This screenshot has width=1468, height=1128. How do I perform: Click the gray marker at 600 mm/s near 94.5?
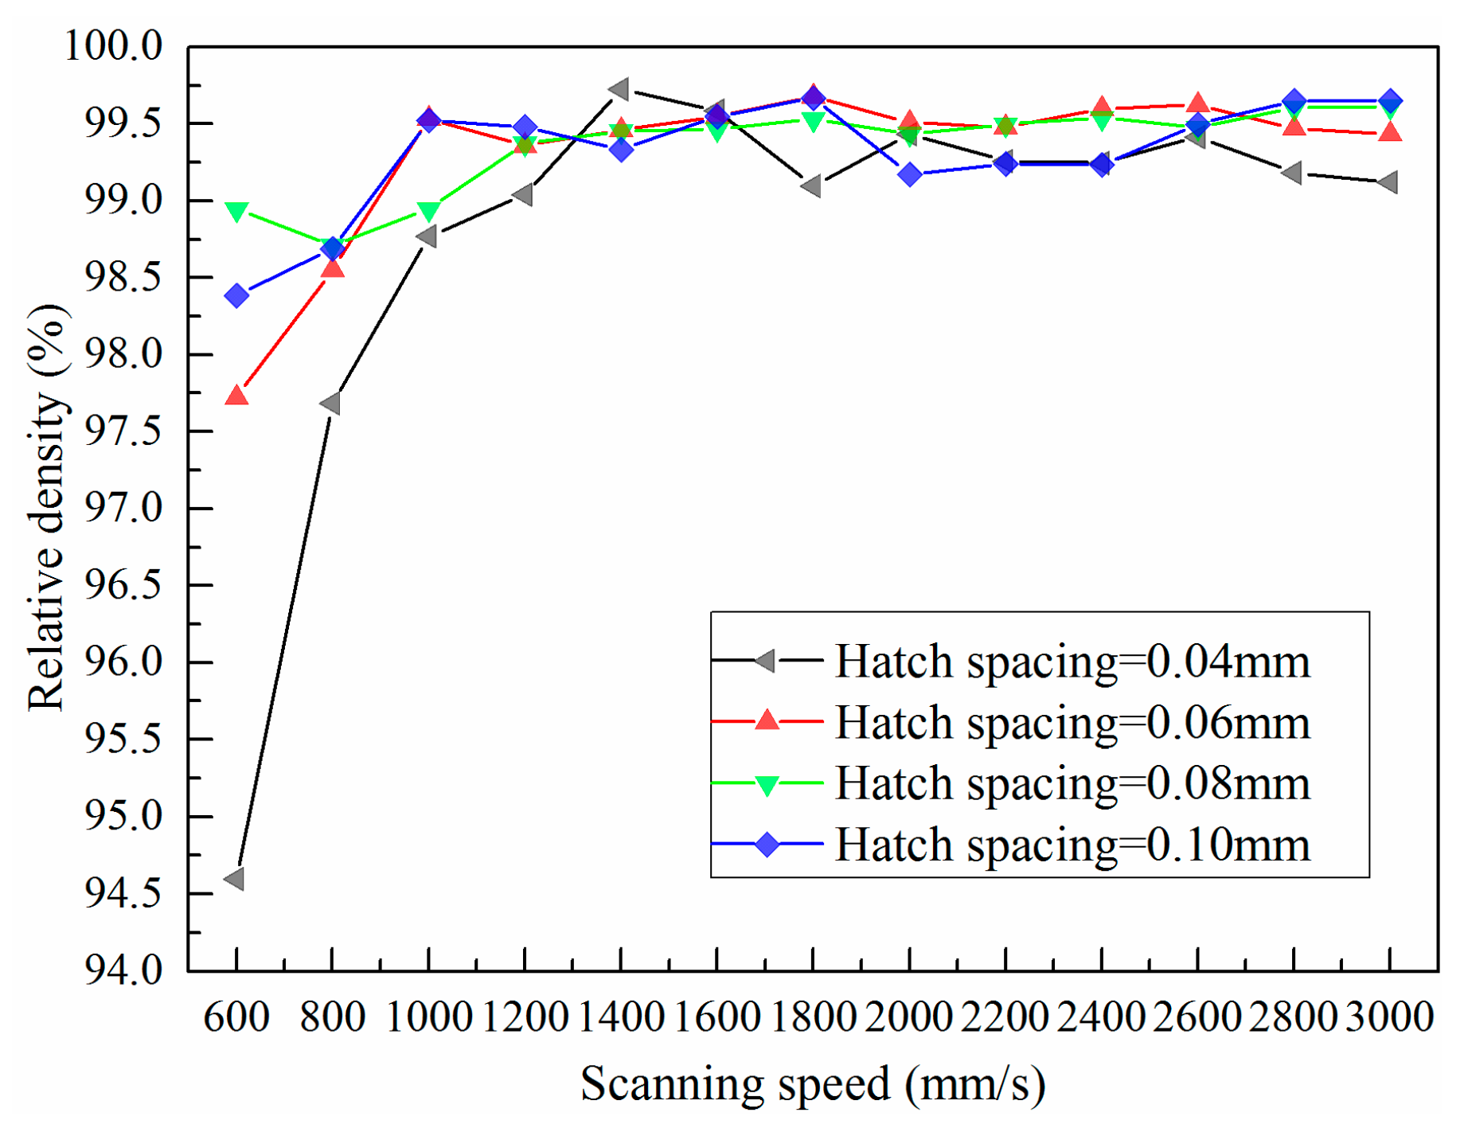coord(235,879)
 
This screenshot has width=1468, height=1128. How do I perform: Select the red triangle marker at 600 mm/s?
coord(236,396)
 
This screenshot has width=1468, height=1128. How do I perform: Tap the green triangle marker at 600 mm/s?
coord(236,212)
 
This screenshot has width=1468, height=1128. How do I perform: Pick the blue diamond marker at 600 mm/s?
coord(236,296)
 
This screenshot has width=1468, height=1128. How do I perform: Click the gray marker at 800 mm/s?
coord(331,404)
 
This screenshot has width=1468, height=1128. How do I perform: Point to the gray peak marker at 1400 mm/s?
coord(619,89)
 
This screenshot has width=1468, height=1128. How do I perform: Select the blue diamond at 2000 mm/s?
coord(910,174)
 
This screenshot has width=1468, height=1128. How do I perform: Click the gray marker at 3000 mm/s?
coord(1388,182)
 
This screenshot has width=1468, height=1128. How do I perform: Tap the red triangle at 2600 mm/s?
coord(1197,103)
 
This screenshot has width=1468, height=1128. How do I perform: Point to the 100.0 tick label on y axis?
coord(113,46)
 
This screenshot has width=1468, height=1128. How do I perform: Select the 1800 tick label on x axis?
coord(813,1017)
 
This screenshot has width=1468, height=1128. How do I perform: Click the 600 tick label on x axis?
coord(236,1017)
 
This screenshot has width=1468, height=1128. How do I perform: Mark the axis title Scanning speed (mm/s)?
coord(813,1085)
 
